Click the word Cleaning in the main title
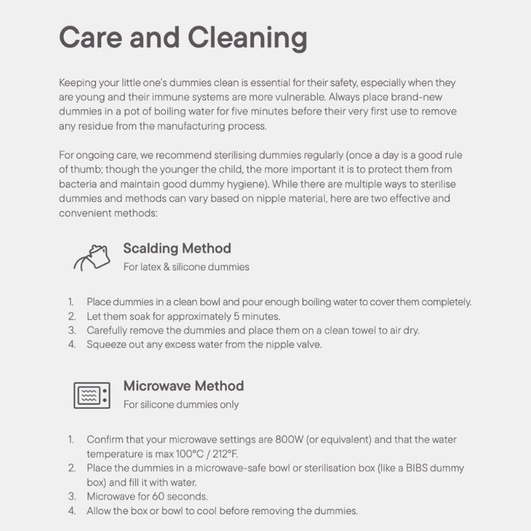(x=247, y=37)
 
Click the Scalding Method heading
(x=177, y=249)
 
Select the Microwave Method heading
(x=183, y=386)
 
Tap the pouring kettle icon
(x=91, y=257)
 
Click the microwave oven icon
(x=91, y=395)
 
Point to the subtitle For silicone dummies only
(x=181, y=404)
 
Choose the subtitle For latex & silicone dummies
(x=186, y=267)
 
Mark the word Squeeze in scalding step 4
(x=105, y=344)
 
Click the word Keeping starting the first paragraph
(x=77, y=83)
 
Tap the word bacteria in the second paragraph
(x=77, y=184)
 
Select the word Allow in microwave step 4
(x=100, y=510)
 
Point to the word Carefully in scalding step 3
(x=109, y=330)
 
